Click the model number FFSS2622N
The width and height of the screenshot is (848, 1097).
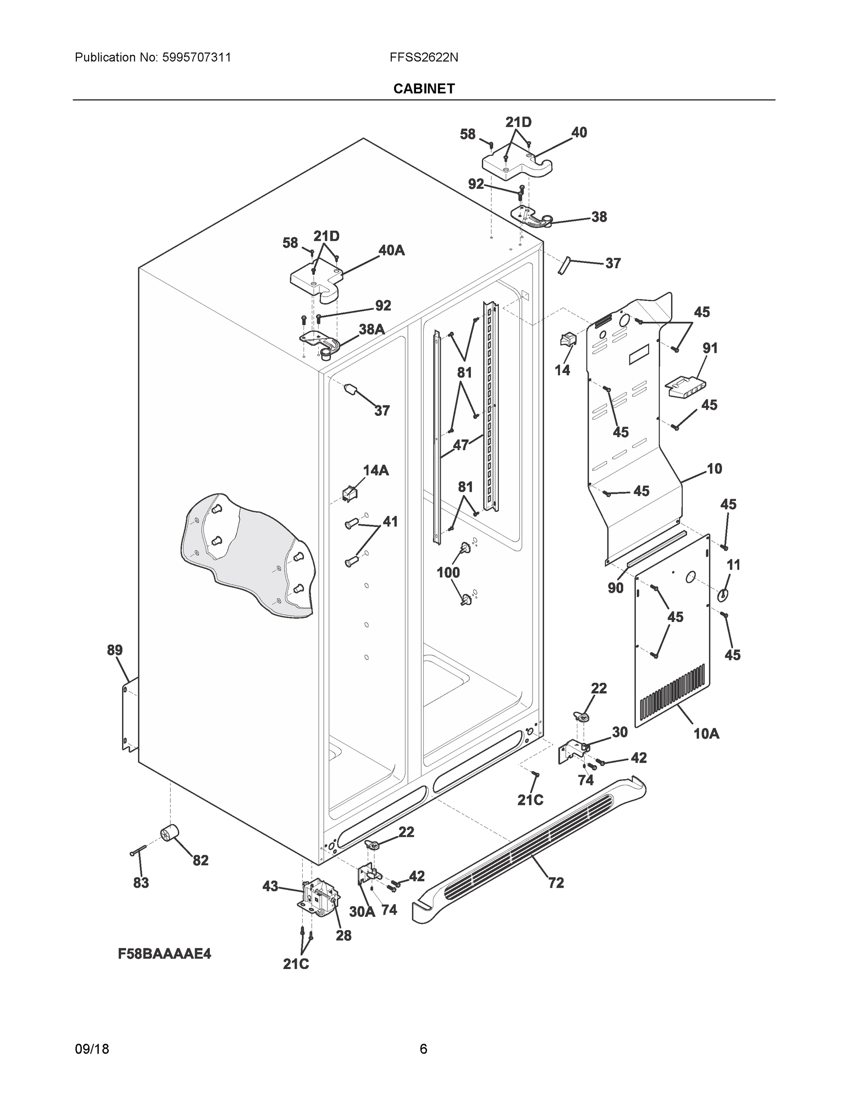tap(423, 57)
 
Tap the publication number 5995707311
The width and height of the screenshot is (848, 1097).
tap(197, 57)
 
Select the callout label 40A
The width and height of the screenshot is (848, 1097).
tap(391, 250)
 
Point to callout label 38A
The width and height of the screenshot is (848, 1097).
tap(372, 329)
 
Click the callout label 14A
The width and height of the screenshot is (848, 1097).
tap(376, 470)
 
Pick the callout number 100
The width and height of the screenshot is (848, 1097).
tap(448, 572)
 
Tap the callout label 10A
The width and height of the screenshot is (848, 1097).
tap(706, 734)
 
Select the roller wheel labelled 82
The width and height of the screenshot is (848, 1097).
tap(170, 834)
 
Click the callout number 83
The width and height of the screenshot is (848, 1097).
tap(141, 883)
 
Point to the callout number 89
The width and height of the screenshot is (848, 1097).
tap(115, 650)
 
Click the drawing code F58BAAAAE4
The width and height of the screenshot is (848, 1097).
tap(165, 953)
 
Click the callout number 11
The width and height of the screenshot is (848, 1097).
tap(733, 565)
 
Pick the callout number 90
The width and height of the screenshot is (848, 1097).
tap(615, 588)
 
